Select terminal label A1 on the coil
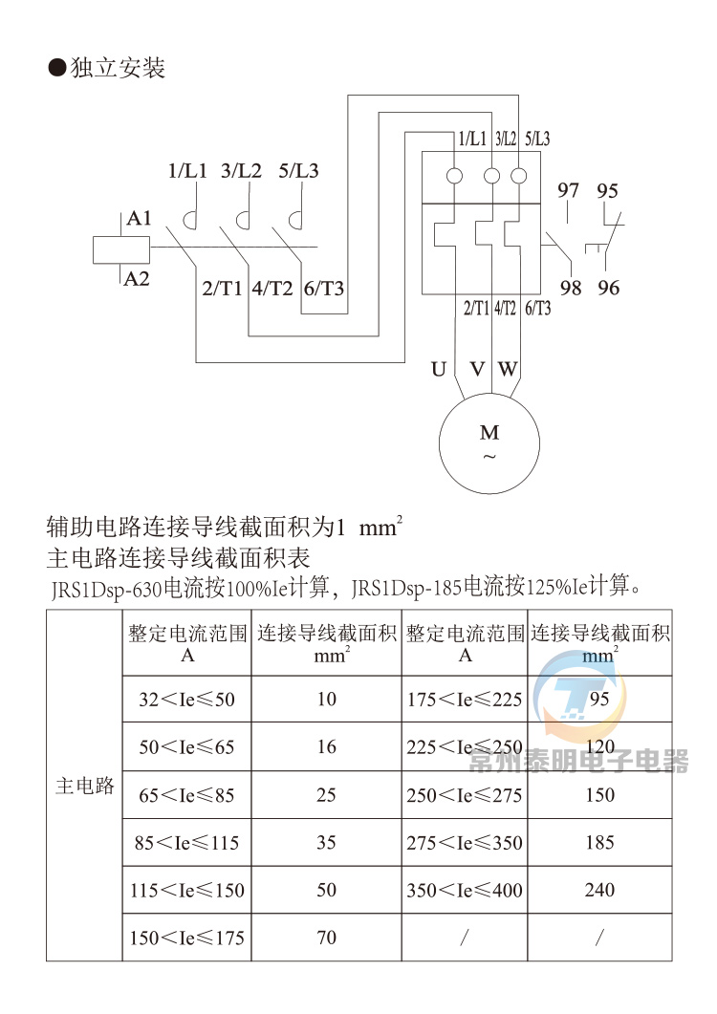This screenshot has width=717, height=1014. [139, 220]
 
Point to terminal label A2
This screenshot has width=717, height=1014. [137, 279]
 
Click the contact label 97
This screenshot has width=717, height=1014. [569, 191]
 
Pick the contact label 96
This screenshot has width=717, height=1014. [608, 288]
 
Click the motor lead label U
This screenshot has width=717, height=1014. [439, 369]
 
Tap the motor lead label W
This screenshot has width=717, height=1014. [508, 369]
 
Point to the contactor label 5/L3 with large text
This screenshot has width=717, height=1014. [298, 172]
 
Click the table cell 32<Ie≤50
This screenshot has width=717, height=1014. [186, 700]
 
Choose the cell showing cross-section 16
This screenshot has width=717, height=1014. [327, 747]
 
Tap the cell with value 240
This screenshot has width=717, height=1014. [599, 890]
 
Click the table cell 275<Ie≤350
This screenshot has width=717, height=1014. [465, 843]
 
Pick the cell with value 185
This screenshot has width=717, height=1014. [599, 843]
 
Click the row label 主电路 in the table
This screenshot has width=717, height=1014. [85, 787]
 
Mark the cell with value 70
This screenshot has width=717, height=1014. [327, 938]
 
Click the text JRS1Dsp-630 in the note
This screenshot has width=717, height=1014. [106, 586]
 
